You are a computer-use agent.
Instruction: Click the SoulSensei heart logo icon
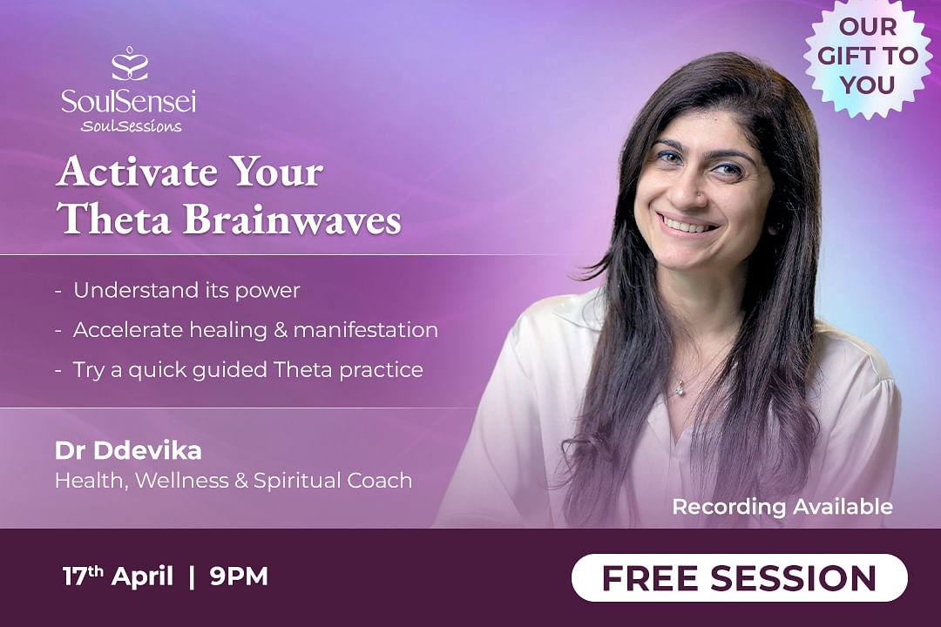coord(130,64)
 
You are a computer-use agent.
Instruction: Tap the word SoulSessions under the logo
coord(131,126)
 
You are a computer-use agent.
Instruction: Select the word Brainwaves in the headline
coord(292,219)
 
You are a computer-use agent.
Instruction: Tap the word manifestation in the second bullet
coord(365,330)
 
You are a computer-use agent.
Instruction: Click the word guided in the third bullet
coord(230,370)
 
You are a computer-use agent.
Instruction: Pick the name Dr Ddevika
coord(128,451)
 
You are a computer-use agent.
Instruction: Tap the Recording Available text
coord(782,507)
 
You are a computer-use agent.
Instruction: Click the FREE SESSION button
coord(740,578)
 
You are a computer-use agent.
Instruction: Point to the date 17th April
coord(118,576)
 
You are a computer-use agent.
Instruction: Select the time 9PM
coord(239,576)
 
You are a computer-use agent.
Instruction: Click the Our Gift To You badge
coord(868,57)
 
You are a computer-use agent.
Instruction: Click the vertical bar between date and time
coord(192,576)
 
